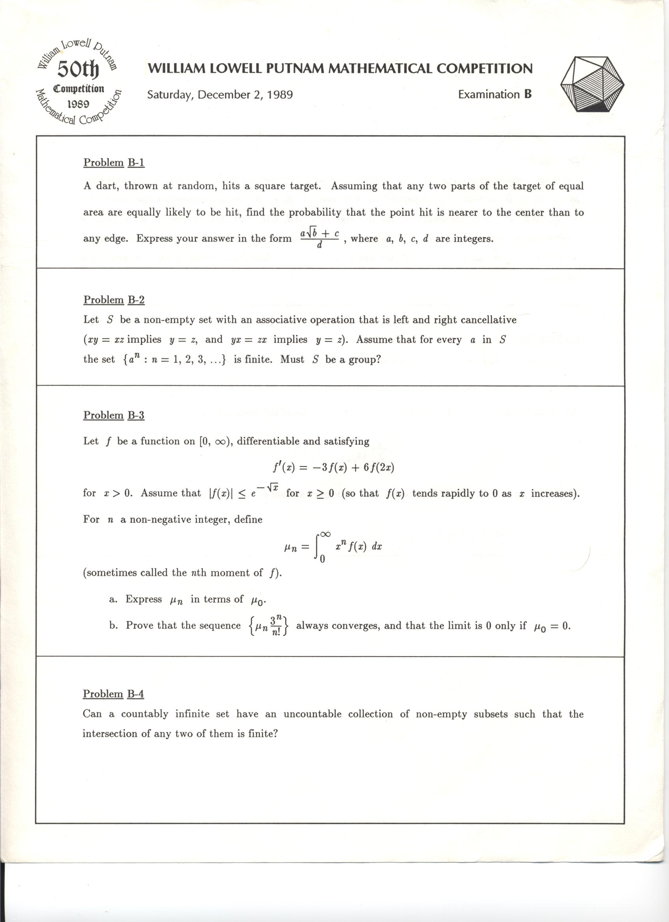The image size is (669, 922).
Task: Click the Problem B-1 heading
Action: point(114,162)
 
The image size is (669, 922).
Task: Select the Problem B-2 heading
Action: point(114,300)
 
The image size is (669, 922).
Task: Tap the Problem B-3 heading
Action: point(114,415)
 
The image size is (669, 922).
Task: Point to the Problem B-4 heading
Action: point(114,694)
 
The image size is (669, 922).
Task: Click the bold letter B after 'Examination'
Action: point(527,94)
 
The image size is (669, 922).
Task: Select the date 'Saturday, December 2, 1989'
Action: point(220,95)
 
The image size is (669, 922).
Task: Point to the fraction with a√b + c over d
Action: point(319,239)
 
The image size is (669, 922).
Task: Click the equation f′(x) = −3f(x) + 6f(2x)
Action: point(334,467)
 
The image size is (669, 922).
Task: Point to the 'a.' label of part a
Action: point(114,599)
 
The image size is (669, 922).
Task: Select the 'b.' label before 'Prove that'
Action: point(114,625)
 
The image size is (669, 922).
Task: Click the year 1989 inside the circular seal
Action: point(78,104)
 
